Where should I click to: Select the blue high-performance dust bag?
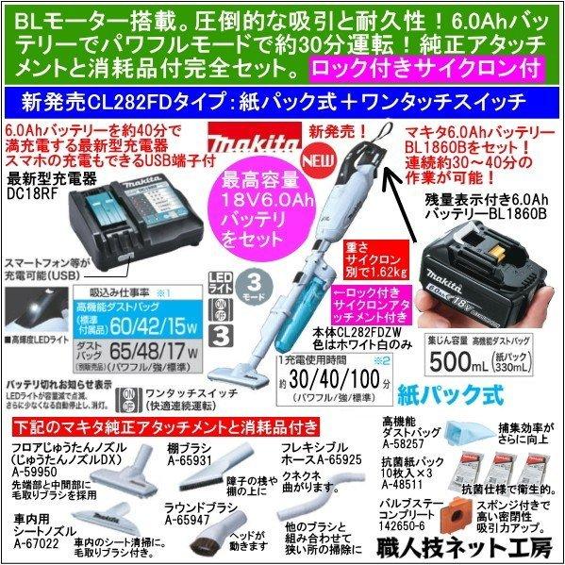tap(471, 436)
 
